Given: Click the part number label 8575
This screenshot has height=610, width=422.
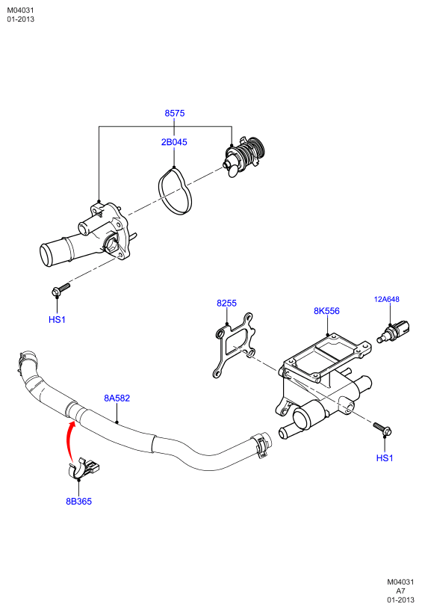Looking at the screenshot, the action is (175, 113).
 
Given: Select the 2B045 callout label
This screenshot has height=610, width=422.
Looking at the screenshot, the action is (174, 142).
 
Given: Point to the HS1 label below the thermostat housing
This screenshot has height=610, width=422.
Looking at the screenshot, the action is (57, 320).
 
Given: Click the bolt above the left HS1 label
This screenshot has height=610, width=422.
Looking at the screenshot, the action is (60, 289).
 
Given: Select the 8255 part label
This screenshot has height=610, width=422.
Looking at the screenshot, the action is (226, 303).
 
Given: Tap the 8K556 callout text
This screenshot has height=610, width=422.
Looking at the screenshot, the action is (327, 311).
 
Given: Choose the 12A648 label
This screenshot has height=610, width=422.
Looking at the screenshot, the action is (387, 299).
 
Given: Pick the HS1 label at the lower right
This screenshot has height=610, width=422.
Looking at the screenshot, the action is (385, 458).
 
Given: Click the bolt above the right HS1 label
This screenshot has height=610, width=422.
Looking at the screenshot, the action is (382, 428).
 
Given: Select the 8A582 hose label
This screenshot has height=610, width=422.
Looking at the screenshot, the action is (117, 398).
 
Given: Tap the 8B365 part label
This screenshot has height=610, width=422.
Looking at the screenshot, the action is (79, 502).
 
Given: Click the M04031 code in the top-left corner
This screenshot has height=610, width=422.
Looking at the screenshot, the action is (21, 10).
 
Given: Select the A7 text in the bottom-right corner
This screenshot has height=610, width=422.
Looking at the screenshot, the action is (400, 591).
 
